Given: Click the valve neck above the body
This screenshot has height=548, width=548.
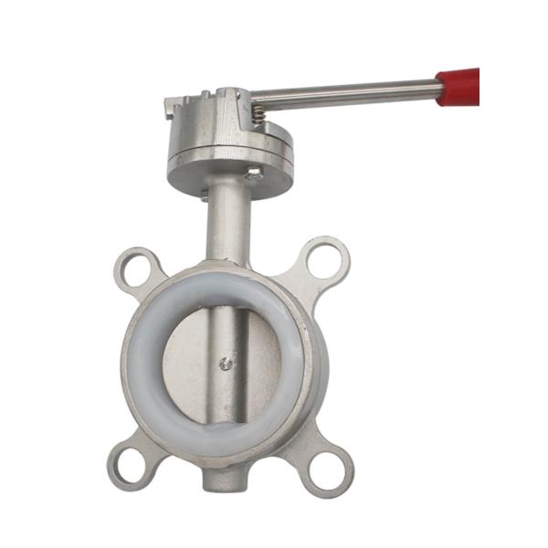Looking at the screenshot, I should pyautogui.click(x=227, y=224).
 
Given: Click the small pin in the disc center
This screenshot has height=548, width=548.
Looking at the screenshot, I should pyautogui.click(x=227, y=364).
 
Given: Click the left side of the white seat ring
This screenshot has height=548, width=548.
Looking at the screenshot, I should pyautogui.click(x=144, y=361).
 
